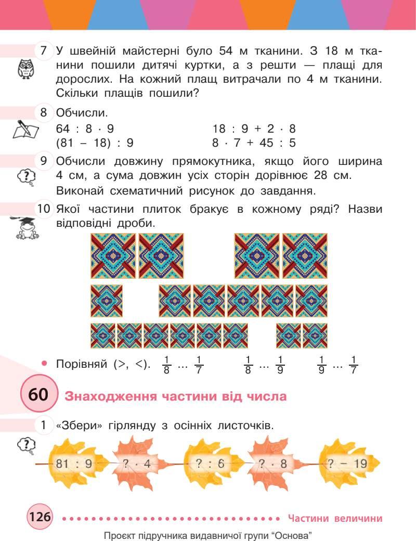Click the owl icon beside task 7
pyautogui.click(x=25, y=68)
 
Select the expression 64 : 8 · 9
pyautogui.click(x=85, y=128)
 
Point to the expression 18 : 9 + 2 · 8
pyautogui.click(x=254, y=128)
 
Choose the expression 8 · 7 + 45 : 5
pyautogui.click(x=254, y=142)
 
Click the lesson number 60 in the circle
pyautogui.click(x=37, y=395)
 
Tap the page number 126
pyautogui.click(x=40, y=518)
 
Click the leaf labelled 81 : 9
pyautogui.click(x=74, y=462)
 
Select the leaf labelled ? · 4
pyautogui.click(x=136, y=462)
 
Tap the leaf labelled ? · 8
pyautogui.click(x=270, y=462)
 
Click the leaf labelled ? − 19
pyautogui.click(x=346, y=462)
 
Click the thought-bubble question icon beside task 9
pyautogui.click(x=26, y=178)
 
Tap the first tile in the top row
pyautogui.click(x=113, y=256)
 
